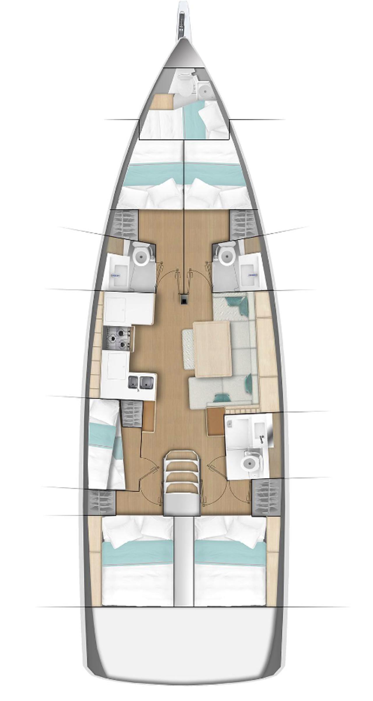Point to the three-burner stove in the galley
click(119, 338)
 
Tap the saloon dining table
click(213, 348)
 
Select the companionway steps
click(181, 473)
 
